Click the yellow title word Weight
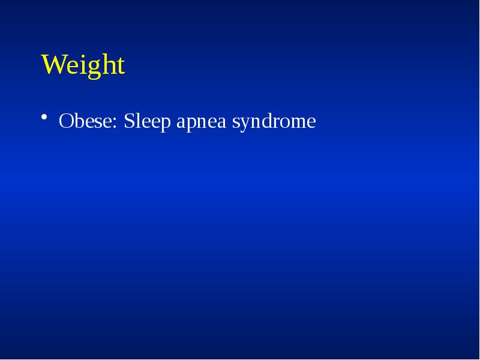[83, 65]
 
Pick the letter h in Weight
[102, 64]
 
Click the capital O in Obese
[65, 122]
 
